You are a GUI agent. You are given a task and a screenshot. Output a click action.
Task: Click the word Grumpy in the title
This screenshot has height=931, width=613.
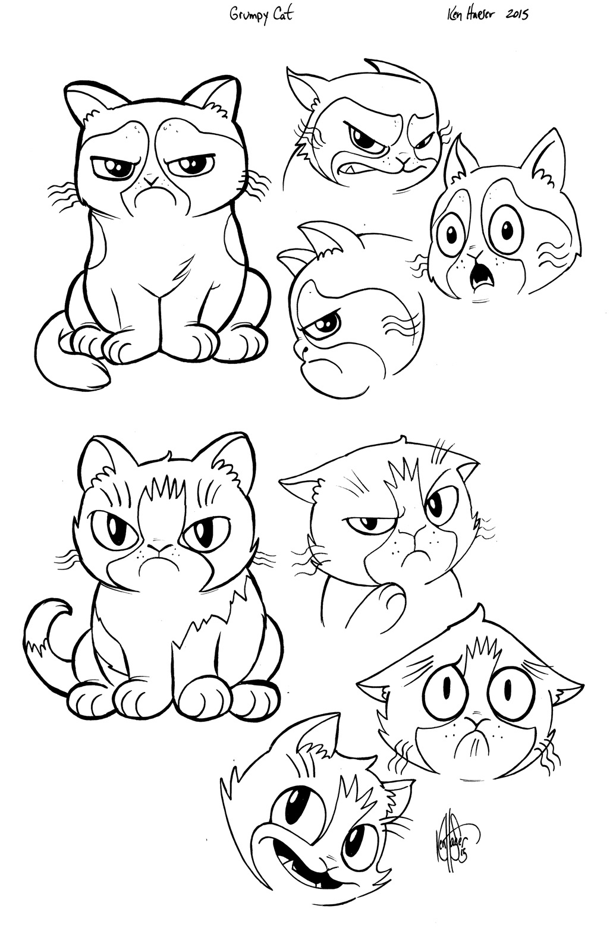pyautogui.click(x=247, y=15)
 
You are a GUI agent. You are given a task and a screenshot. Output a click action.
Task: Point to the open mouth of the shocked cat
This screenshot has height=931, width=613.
pyautogui.click(x=479, y=275)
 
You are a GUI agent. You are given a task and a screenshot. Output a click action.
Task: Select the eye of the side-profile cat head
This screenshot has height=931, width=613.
pyautogui.click(x=328, y=323)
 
